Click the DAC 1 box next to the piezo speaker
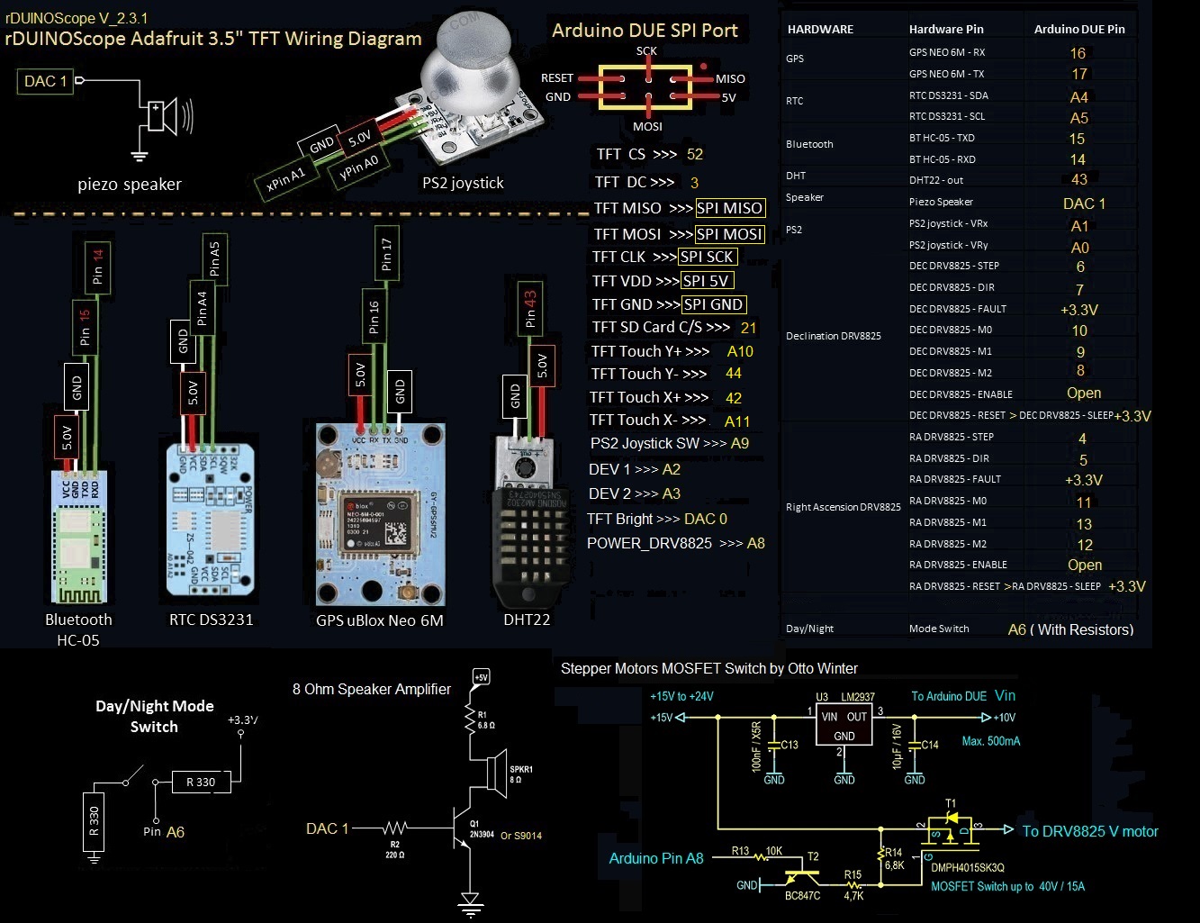[45, 81]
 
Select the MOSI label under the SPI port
[647, 126]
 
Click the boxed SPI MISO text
[729, 208]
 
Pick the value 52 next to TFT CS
[694, 154]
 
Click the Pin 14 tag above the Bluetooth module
[97, 266]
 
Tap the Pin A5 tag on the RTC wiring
[214, 258]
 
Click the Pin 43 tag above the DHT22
[530, 308]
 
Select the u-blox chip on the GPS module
[378, 522]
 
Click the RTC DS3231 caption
[212, 620]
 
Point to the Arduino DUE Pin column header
[1078, 29]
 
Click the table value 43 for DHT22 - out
[1079, 179]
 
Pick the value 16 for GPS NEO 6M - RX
[1078, 53]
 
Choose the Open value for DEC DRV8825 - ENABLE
[1083, 394]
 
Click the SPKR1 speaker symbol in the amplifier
[494, 773]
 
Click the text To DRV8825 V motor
[1089, 831]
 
